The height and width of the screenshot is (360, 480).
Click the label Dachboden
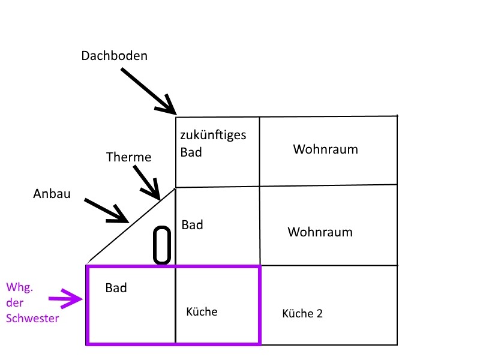pyautogui.click(x=115, y=56)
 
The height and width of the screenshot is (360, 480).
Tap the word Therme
pyautogui.click(x=129, y=157)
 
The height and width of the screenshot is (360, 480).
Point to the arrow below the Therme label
pyautogui.click(x=146, y=182)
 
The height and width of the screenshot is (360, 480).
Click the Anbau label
pyautogui.click(x=52, y=194)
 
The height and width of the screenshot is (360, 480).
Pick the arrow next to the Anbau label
pyautogui.click(x=107, y=210)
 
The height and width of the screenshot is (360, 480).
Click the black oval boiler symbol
pyautogui.click(x=162, y=245)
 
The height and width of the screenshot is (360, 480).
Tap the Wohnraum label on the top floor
pyautogui.click(x=325, y=149)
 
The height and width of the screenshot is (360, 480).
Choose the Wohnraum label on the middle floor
pyautogui.click(x=320, y=232)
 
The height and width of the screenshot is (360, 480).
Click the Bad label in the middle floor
pyautogui.click(x=193, y=225)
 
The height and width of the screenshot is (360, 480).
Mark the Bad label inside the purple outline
pyautogui.click(x=116, y=288)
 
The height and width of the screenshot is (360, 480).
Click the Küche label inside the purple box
pyautogui.click(x=202, y=312)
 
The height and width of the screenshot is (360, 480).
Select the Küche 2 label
pyautogui.click(x=302, y=313)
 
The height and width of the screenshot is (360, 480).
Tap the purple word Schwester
pyautogui.click(x=32, y=319)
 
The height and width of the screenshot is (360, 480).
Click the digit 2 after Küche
pyautogui.click(x=319, y=313)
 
